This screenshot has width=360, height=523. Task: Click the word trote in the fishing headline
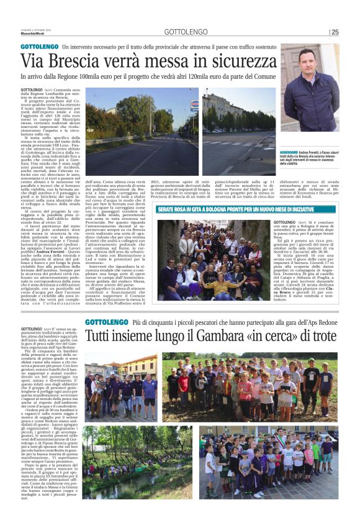318,337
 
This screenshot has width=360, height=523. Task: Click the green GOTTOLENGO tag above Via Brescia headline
39,47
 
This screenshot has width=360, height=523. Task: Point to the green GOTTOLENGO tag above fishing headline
104,322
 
